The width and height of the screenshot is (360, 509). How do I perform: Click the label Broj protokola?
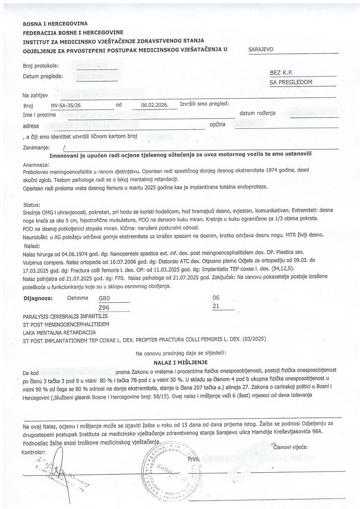(x=41, y=66)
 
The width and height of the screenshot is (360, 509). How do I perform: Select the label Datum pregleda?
(x=42, y=77)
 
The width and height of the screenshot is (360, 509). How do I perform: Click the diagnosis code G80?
(x=105, y=298)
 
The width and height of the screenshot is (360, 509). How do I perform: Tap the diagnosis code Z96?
(x=105, y=307)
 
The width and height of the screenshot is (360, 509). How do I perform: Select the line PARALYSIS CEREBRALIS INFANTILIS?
(x=69, y=316)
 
